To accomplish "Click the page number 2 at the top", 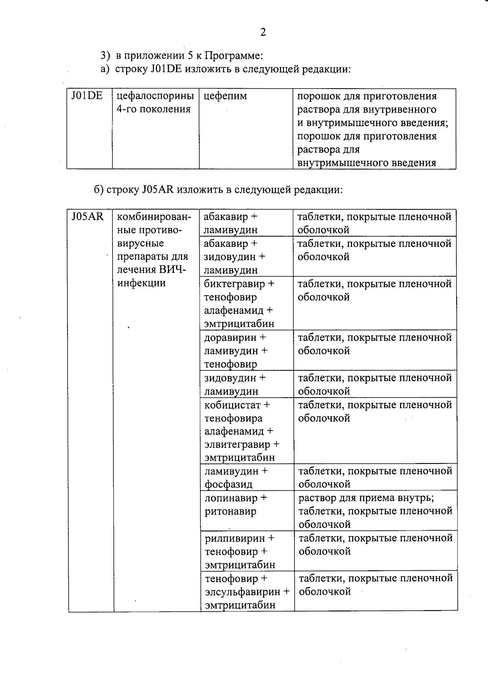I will (x=263, y=32).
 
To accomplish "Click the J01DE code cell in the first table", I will (x=87, y=96).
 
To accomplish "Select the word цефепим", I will (x=225, y=96).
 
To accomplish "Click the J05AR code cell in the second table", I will (x=87, y=217).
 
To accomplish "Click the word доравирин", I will (x=230, y=337).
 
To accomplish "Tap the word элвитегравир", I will (x=237, y=444).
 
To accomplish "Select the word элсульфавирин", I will (x=243, y=592).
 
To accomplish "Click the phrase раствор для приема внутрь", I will (x=366, y=498).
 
